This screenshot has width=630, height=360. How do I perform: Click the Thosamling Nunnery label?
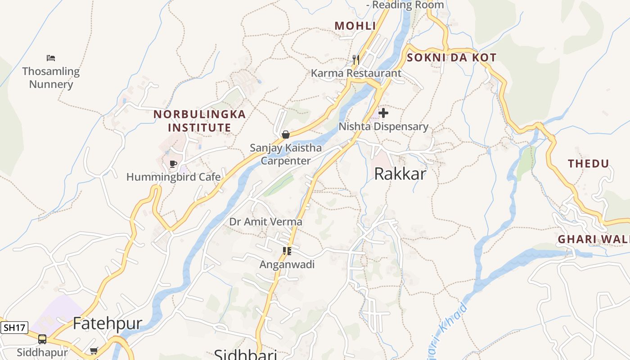point(51,77)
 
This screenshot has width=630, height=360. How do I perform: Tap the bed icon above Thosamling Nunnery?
point(51,58)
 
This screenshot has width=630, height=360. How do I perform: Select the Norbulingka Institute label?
point(200,121)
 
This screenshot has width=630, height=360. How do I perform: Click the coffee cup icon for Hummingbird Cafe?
point(173,164)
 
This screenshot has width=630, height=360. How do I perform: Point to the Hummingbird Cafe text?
point(173,177)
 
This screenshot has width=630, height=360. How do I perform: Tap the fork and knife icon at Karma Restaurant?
point(355,59)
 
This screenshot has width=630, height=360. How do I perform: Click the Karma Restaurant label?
point(356,73)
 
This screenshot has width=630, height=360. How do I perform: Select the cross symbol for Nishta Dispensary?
point(383,113)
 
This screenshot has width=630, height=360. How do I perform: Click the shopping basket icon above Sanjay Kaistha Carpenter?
point(285,134)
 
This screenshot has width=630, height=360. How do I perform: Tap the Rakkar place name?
point(400,174)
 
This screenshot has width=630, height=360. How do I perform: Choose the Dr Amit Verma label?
point(265,222)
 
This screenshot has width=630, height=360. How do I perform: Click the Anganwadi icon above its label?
point(287,251)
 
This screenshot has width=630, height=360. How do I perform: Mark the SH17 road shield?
point(14,327)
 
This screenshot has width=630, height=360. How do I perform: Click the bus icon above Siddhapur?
point(42,339)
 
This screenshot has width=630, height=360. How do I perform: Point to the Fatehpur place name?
point(107,323)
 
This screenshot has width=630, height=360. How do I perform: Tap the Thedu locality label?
point(588,164)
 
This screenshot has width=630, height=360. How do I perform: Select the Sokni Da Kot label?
point(451,58)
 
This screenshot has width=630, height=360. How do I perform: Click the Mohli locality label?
point(355,26)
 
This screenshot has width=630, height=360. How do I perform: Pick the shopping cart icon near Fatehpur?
point(94,351)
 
